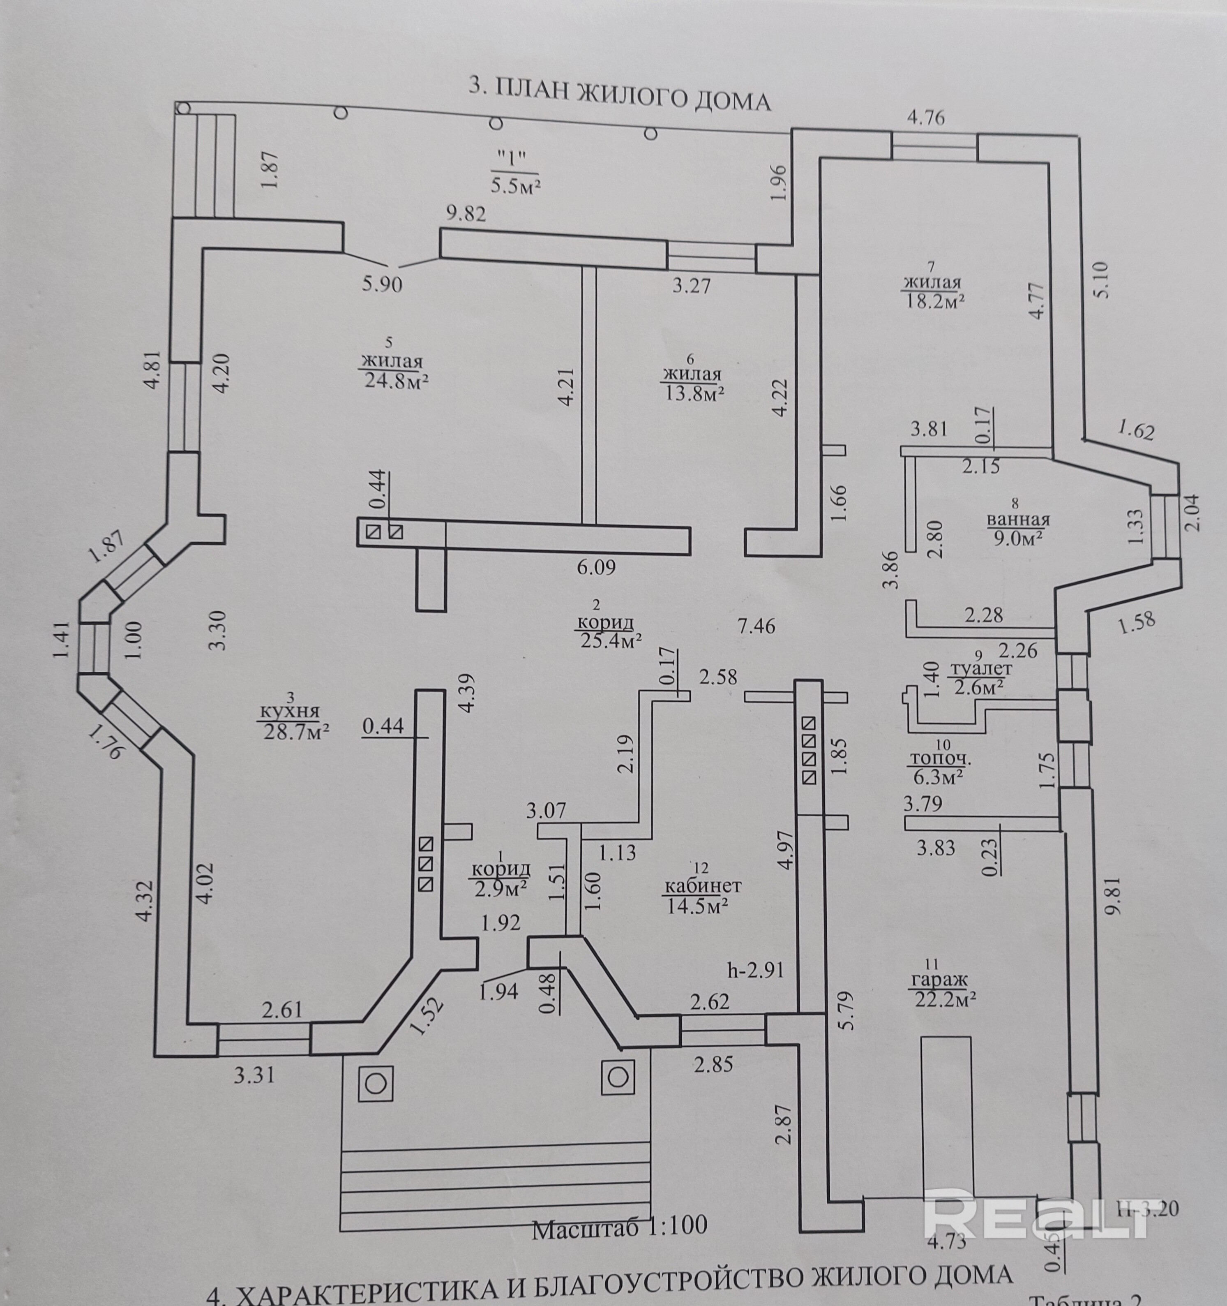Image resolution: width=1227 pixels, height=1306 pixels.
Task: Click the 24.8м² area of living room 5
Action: point(397,381)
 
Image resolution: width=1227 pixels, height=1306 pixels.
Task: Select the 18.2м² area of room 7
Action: point(933,301)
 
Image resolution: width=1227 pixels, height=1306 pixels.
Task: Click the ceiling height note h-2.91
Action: point(756,970)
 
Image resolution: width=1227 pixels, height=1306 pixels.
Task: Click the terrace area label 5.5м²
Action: point(516,186)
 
